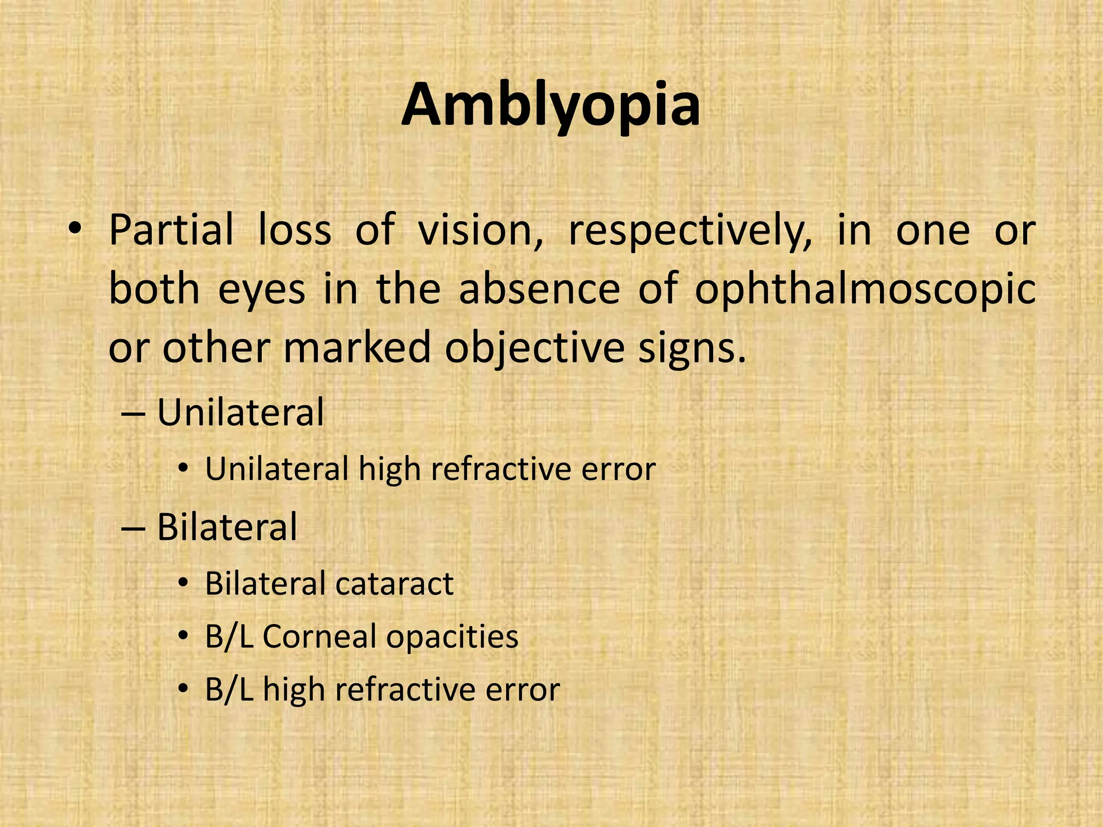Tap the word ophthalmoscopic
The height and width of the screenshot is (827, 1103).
point(865,290)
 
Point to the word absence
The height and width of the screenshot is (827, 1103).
point(539,289)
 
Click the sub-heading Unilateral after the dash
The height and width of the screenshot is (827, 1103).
point(240,412)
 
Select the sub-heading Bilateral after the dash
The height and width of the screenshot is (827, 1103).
point(227,527)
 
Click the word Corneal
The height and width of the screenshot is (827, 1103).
point(319,636)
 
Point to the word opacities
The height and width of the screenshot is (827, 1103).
point(452,637)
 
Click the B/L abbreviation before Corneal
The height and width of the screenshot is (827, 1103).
point(229,636)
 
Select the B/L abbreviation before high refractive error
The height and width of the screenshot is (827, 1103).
point(229,689)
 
